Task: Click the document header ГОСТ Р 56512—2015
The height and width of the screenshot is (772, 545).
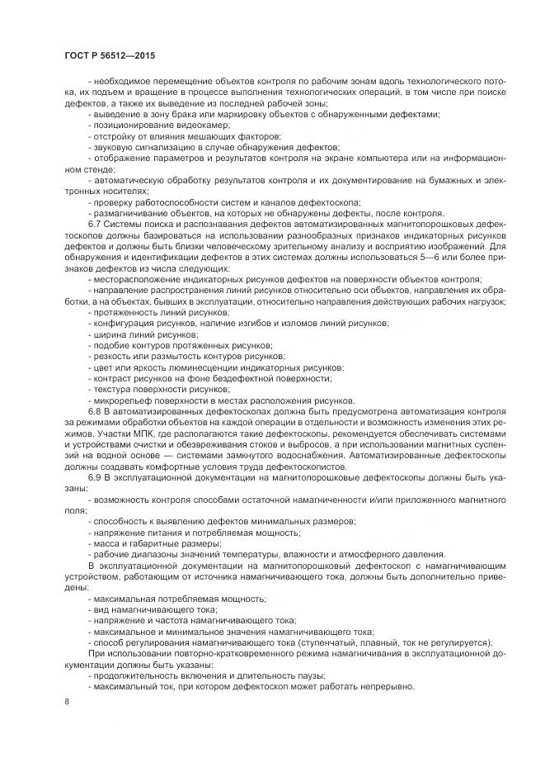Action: [109, 55]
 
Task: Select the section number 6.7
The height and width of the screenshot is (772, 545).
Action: [96, 224]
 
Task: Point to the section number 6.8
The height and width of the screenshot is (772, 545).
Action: [96, 410]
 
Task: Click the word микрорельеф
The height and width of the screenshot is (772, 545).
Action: [121, 399]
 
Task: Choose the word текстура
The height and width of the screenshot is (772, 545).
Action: [113, 389]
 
